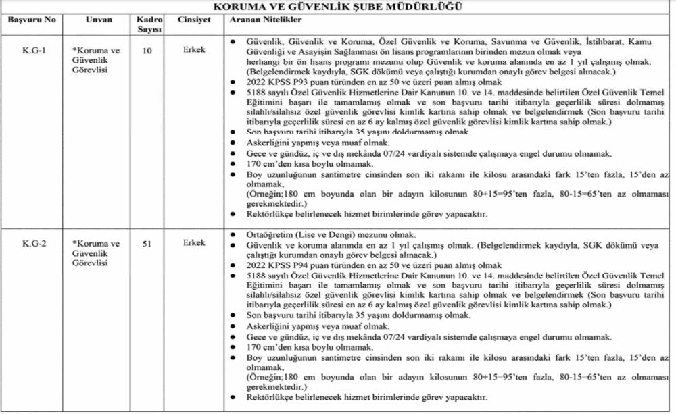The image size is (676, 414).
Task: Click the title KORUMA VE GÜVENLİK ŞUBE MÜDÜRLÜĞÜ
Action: tap(338, 7)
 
